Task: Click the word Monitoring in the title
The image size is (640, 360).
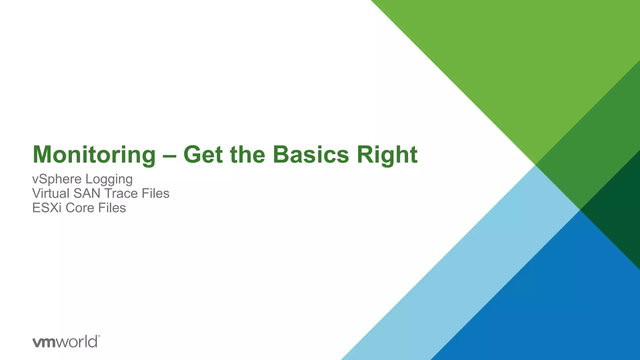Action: (94, 155)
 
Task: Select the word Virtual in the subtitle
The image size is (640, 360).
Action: (51, 193)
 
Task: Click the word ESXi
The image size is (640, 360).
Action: (47, 208)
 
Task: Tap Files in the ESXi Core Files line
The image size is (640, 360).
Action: (112, 208)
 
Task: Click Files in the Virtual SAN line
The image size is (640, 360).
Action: (155, 193)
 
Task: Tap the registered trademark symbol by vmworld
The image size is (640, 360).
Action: (99, 336)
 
